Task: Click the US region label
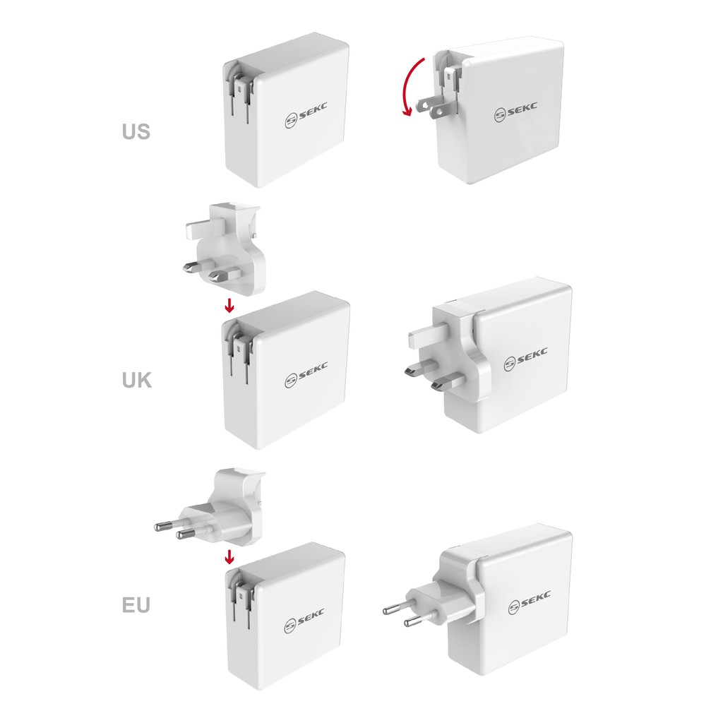[x=136, y=131]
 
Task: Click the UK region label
[x=137, y=381]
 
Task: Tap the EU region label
[x=136, y=605]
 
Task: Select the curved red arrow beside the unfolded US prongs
[x=411, y=85]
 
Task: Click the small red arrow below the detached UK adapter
[x=229, y=305]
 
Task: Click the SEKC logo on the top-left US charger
[x=306, y=115]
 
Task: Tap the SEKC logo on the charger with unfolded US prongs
[x=515, y=111]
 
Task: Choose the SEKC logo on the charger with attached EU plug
[x=530, y=602]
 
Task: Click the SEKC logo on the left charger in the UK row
[x=306, y=375]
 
